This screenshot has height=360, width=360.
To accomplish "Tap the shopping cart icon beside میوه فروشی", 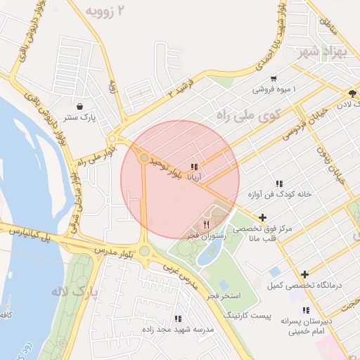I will click(x=273, y=79).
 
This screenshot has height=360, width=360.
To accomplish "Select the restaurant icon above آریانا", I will click(x=194, y=167).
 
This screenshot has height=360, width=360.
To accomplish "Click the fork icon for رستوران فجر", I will click(x=206, y=224).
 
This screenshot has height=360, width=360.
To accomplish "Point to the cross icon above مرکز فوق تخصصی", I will click(x=262, y=218).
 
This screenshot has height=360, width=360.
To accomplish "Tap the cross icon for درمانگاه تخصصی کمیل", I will click(x=304, y=274).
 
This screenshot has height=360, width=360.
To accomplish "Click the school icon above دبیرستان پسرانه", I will click(x=305, y=310).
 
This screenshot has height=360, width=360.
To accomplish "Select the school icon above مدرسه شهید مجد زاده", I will click(x=177, y=318).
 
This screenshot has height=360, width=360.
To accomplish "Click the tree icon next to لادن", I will click(x=352, y=93).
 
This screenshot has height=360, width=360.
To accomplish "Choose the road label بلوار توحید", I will click(x=172, y=167).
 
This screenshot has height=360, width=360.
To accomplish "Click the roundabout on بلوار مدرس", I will click(x=144, y=251).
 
